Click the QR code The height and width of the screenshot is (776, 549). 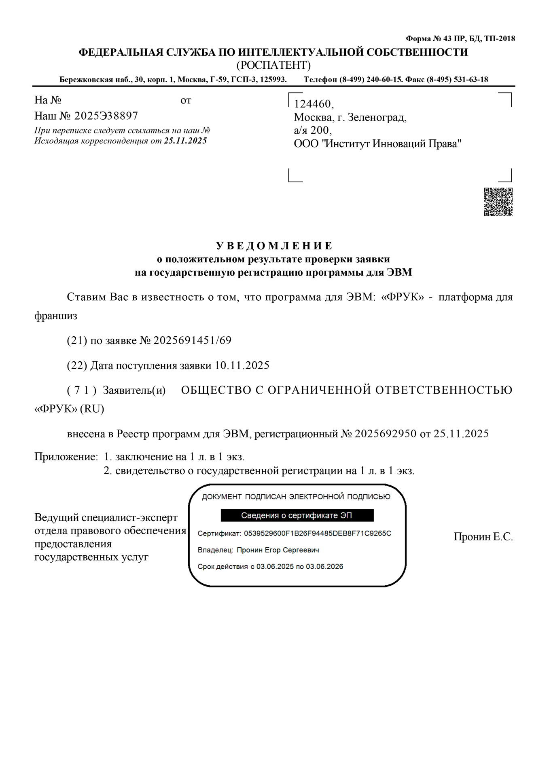[x=498, y=202]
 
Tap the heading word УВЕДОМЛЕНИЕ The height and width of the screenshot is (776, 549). [x=274, y=246]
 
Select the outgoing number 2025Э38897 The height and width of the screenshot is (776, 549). [x=106, y=116]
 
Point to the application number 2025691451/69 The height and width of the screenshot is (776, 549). [x=192, y=340]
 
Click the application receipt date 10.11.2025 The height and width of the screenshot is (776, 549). [x=242, y=365]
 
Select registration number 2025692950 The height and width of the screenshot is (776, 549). [x=385, y=434]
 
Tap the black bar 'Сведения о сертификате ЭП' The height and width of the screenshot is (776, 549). [x=297, y=515]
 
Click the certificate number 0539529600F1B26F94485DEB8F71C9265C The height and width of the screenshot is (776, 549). [x=318, y=533]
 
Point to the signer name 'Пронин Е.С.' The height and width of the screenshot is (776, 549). [x=483, y=537]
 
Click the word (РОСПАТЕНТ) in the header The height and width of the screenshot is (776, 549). [x=273, y=65]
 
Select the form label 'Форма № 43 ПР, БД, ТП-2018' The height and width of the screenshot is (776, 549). [x=460, y=39]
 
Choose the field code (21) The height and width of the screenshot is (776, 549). [x=77, y=340]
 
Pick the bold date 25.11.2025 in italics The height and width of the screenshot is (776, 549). [x=185, y=141]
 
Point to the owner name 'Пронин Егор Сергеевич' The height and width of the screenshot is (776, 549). [x=278, y=550]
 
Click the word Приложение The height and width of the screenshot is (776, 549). [x=66, y=457]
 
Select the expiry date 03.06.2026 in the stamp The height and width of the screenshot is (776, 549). [x=324, y=567]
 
